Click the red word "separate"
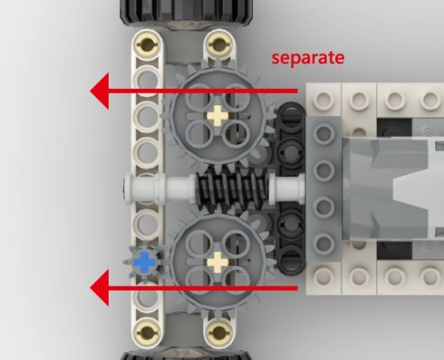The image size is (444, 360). [307, 58]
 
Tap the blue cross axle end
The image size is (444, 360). [144, 260]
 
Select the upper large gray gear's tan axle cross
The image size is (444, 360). [217, 114]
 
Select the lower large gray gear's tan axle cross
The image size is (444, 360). [217, 260]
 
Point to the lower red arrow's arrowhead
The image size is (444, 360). [101, 287]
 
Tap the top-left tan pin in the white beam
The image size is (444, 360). [146, 42]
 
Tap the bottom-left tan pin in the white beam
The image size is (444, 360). [146, 331]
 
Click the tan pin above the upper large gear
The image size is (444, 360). [217, 42]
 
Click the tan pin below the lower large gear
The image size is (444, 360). [217, 331]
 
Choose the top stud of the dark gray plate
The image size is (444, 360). [324, 133]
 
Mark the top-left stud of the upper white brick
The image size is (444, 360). [324, 99]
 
